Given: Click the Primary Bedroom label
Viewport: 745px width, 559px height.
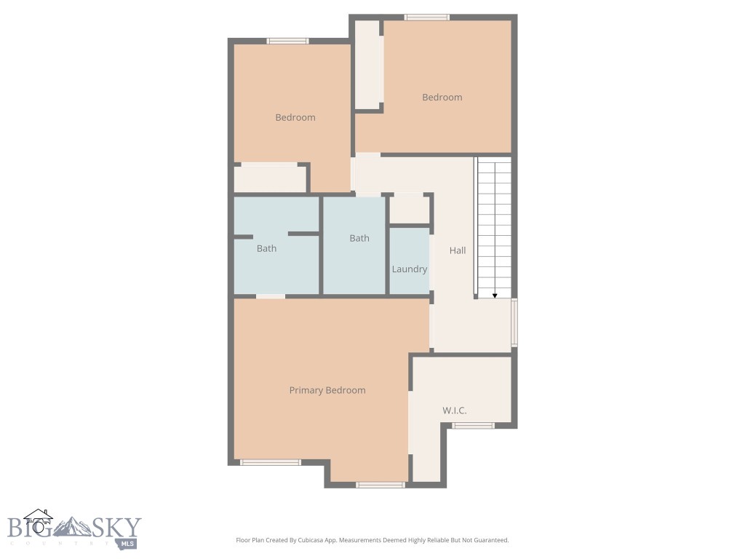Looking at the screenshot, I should pos(327,390).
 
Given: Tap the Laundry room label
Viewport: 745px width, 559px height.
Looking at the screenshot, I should pos(410,269).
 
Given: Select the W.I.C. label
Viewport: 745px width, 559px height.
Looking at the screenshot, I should pos(455,411).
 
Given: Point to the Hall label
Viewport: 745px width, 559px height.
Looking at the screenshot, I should pos(458,250).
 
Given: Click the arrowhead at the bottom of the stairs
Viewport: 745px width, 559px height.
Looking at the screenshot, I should pos(495,295).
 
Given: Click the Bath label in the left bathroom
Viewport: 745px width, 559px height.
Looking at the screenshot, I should pos(266,248).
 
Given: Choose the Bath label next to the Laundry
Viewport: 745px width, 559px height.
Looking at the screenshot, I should pos(359,238).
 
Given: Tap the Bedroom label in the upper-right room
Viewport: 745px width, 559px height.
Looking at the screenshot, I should pos(442,98).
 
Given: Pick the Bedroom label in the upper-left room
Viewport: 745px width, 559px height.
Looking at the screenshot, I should pos(295,117).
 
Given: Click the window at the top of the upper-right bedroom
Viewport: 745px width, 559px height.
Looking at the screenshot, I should pos(427,17).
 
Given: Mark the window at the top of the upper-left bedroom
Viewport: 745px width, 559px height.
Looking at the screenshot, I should pos(288,41).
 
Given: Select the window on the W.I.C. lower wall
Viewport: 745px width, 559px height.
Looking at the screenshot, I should pos(474,426).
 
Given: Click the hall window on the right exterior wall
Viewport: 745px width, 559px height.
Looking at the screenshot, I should pos(514,322).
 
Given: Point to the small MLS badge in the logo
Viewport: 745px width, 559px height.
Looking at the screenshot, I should pos(128,542).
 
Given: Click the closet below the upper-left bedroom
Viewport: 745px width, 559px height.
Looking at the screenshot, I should pos(270,179).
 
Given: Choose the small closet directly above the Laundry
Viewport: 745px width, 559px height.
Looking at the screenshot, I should pos(409,210).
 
